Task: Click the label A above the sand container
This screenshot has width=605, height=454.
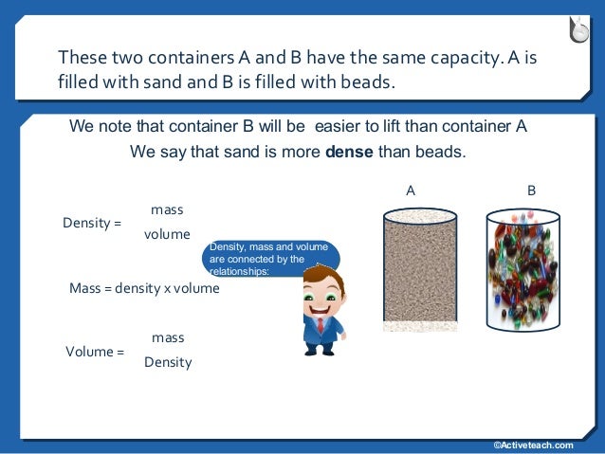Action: [x=411, y=191]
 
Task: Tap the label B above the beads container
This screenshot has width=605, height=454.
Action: [x=532, y=191]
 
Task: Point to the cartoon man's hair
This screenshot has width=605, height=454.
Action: [x=320, y=274]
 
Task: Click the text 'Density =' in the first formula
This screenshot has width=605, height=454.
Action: [x=92, y=223]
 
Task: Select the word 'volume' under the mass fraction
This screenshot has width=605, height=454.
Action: [x=167, y=234]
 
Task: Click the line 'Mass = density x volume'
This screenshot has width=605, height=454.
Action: [x=144, y=288]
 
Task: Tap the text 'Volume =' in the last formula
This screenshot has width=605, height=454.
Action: [x=95, y=352]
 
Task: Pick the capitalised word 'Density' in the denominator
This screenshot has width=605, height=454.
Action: [x=168, y=362]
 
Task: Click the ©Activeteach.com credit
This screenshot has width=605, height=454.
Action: [x=533, y=445]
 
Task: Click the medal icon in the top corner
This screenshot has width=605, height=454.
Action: [x=579, y=29]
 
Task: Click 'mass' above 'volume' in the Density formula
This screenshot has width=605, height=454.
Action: [x=167, y=209]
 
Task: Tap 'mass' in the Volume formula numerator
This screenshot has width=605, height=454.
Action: [x=168, y=337]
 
